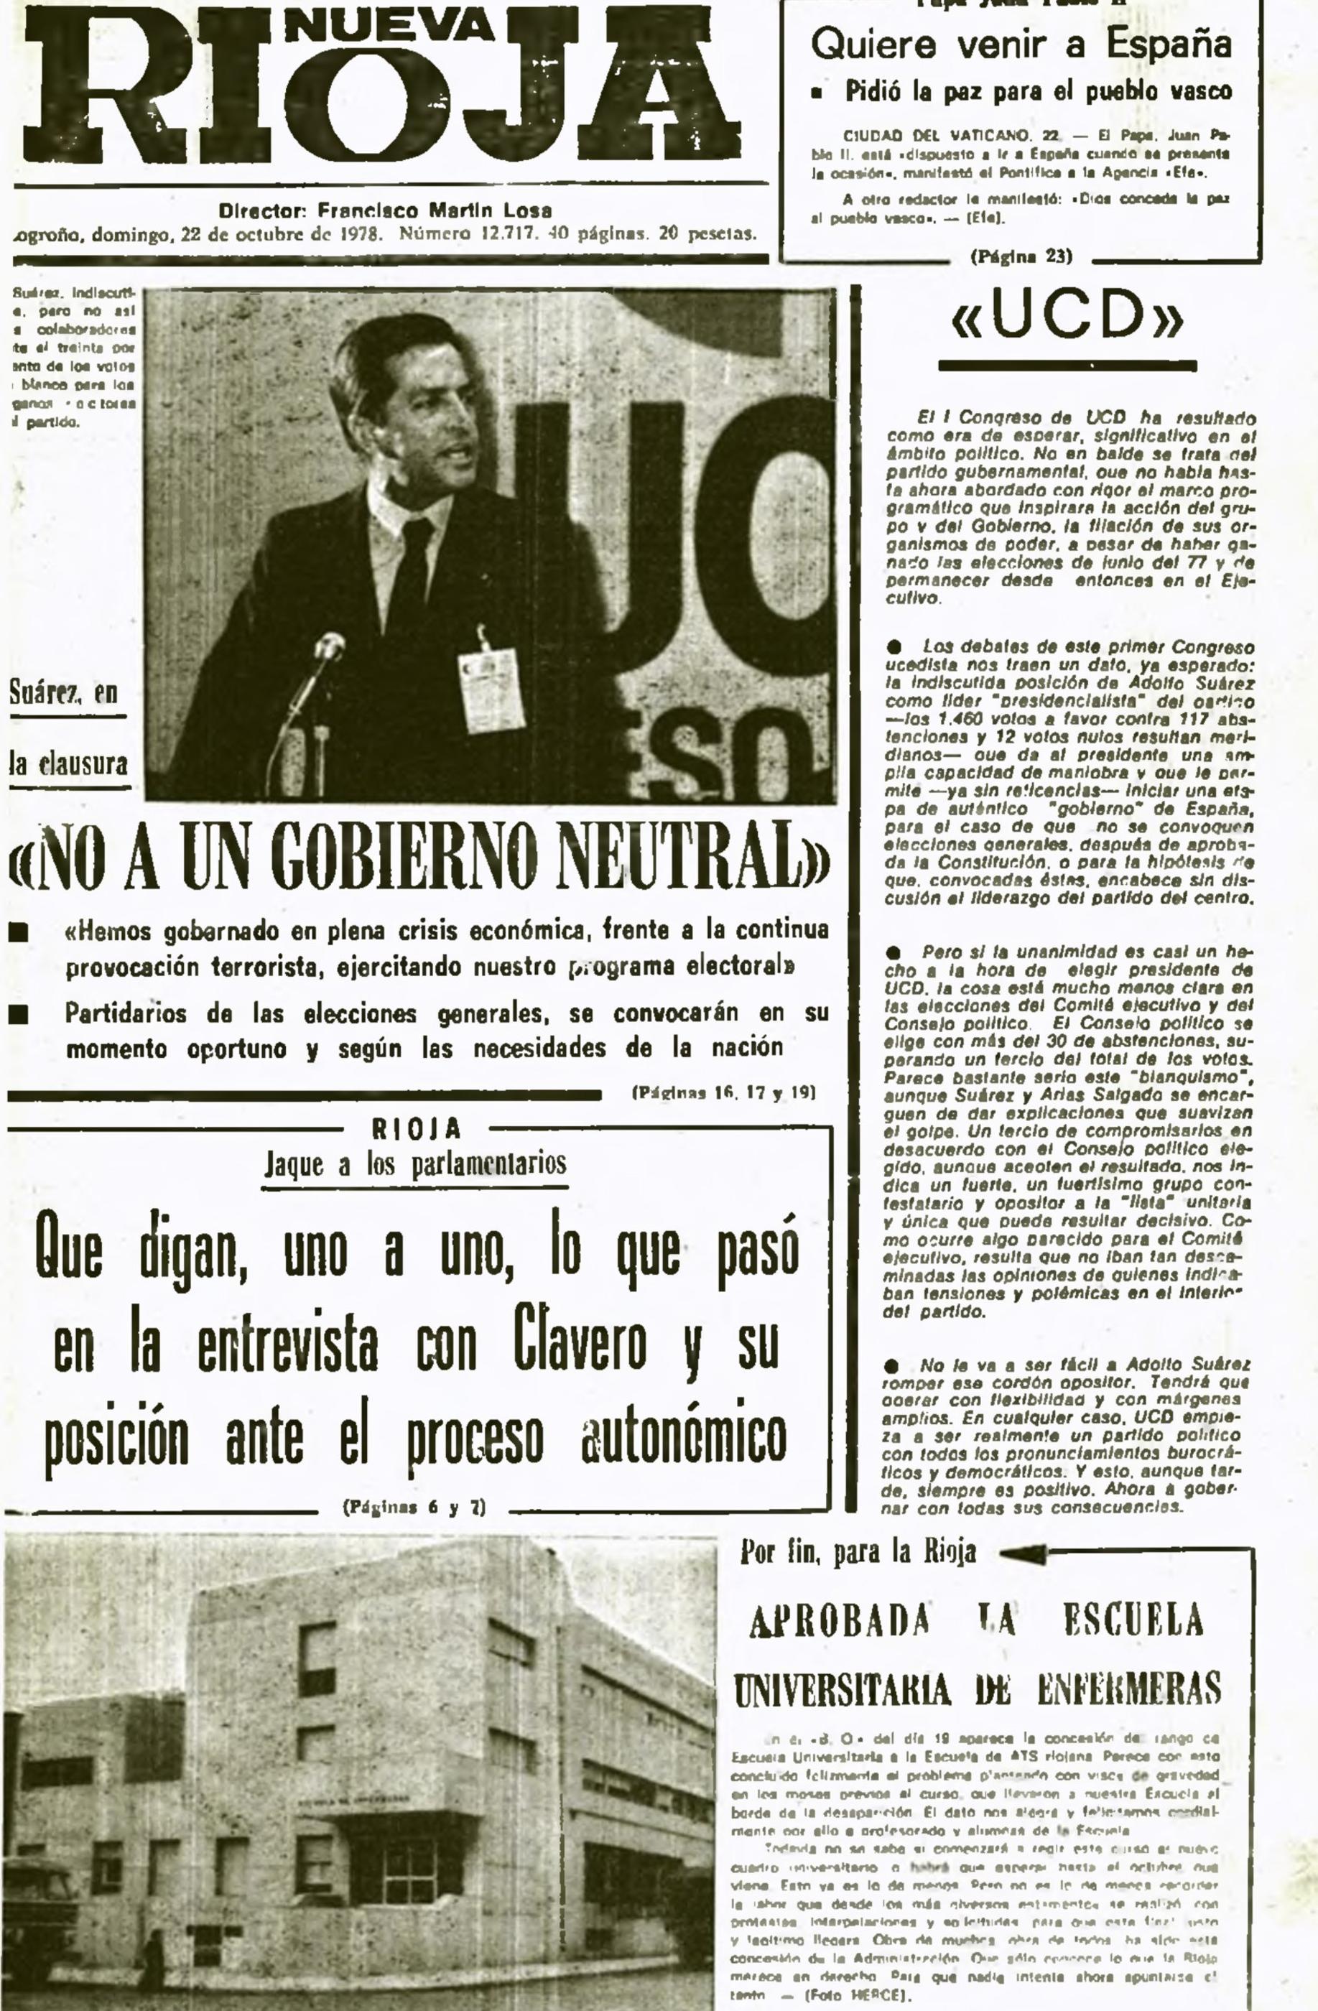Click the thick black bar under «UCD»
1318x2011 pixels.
(1067, 366)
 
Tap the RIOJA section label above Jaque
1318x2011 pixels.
(417, 1129)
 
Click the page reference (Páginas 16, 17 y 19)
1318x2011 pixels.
(723, 1092)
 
